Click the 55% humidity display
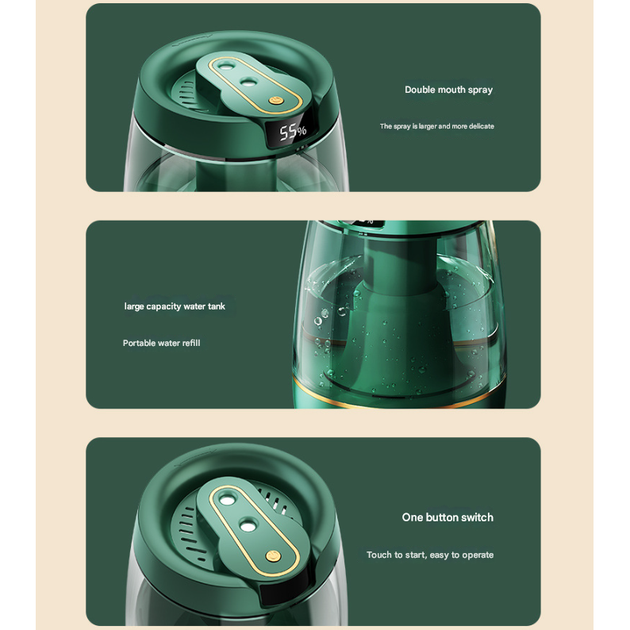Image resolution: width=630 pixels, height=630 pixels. [293, 132]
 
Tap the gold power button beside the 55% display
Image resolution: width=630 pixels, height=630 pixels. [275, 100]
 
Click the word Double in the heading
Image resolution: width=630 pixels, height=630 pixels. [419, 90]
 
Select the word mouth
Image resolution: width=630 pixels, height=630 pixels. [451, 90]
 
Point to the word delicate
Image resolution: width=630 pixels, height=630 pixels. [482, 126]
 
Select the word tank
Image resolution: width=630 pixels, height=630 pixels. [216, 306]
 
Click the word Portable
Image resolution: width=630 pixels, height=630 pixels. [139, 343]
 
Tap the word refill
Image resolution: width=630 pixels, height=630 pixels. [191, 343]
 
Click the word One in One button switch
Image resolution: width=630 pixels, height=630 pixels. [413, 517]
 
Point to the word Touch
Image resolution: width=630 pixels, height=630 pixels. [379, 555]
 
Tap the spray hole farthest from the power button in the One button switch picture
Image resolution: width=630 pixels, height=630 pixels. [228, 500]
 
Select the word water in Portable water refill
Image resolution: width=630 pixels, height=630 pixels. [169, 343]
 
